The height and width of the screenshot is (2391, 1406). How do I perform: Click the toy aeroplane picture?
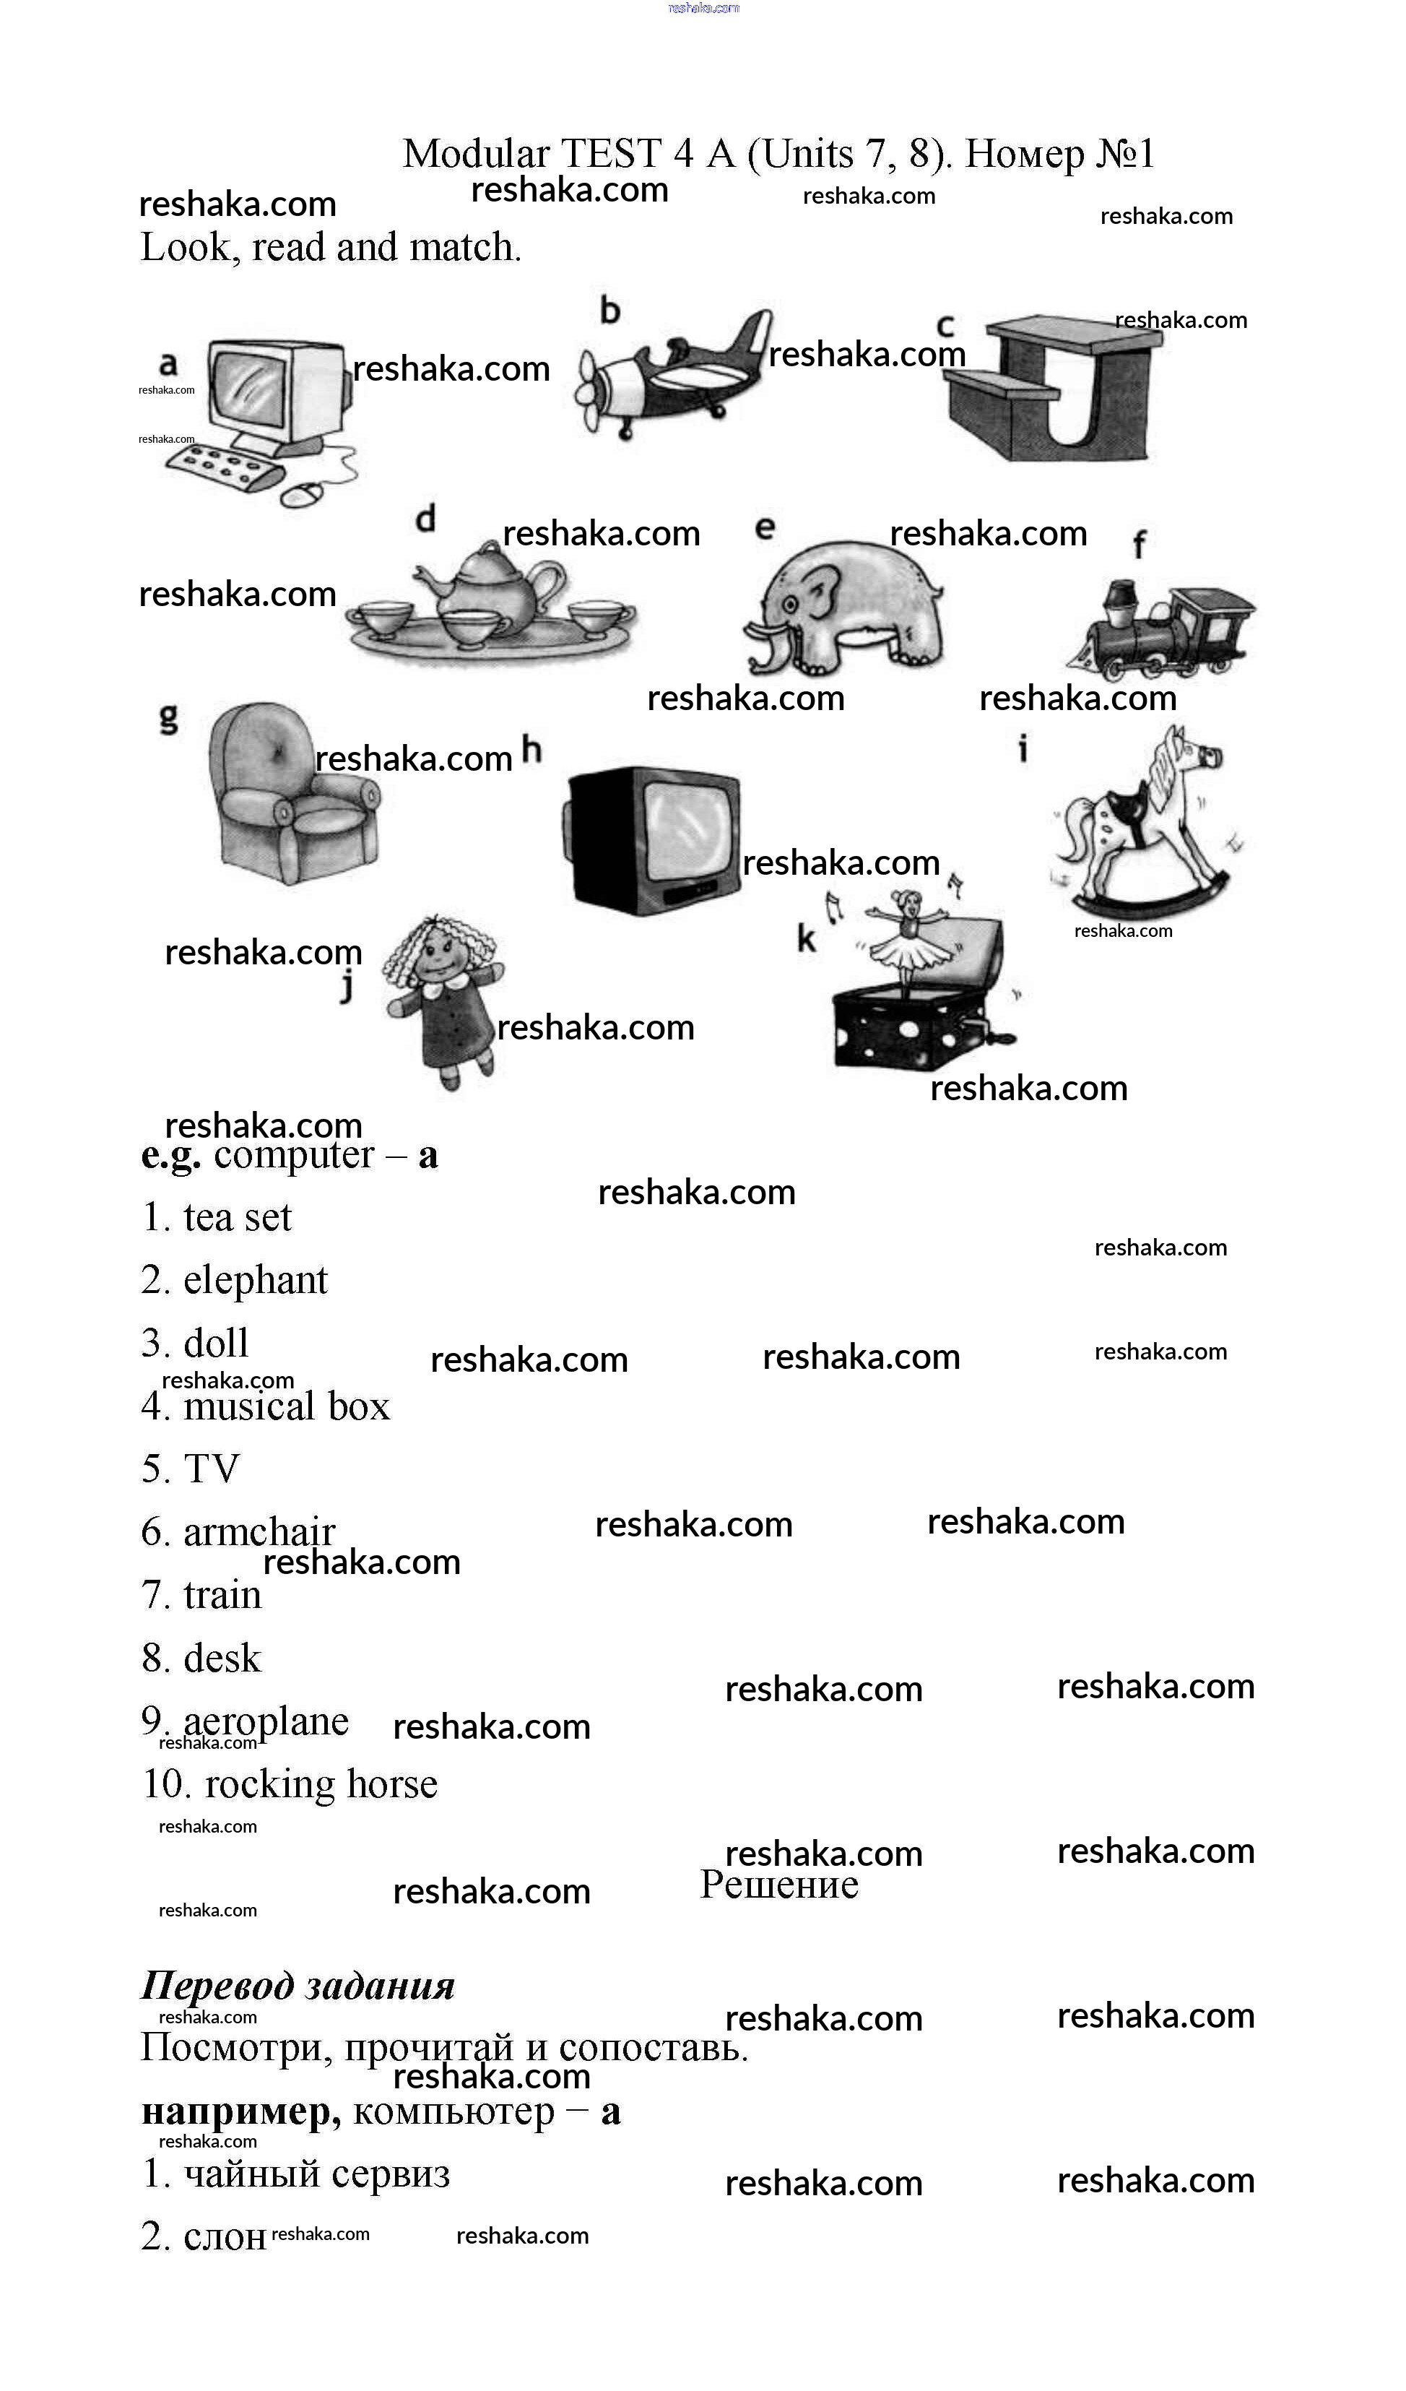674,374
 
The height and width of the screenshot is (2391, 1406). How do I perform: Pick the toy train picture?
1161,628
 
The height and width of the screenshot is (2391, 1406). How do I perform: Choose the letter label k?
807,938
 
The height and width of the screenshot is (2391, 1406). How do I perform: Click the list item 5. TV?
191,1468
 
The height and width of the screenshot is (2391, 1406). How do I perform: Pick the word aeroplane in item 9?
266,1721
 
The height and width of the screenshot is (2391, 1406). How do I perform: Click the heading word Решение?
779,1885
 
